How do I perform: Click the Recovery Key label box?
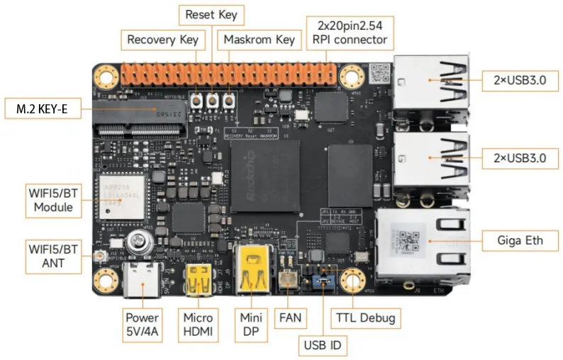162,40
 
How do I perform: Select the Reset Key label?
211,14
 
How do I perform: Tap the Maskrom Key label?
259,40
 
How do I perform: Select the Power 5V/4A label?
142,324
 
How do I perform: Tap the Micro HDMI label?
198,324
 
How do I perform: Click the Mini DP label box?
251,324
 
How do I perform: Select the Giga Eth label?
519,240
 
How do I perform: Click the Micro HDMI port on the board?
198,280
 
